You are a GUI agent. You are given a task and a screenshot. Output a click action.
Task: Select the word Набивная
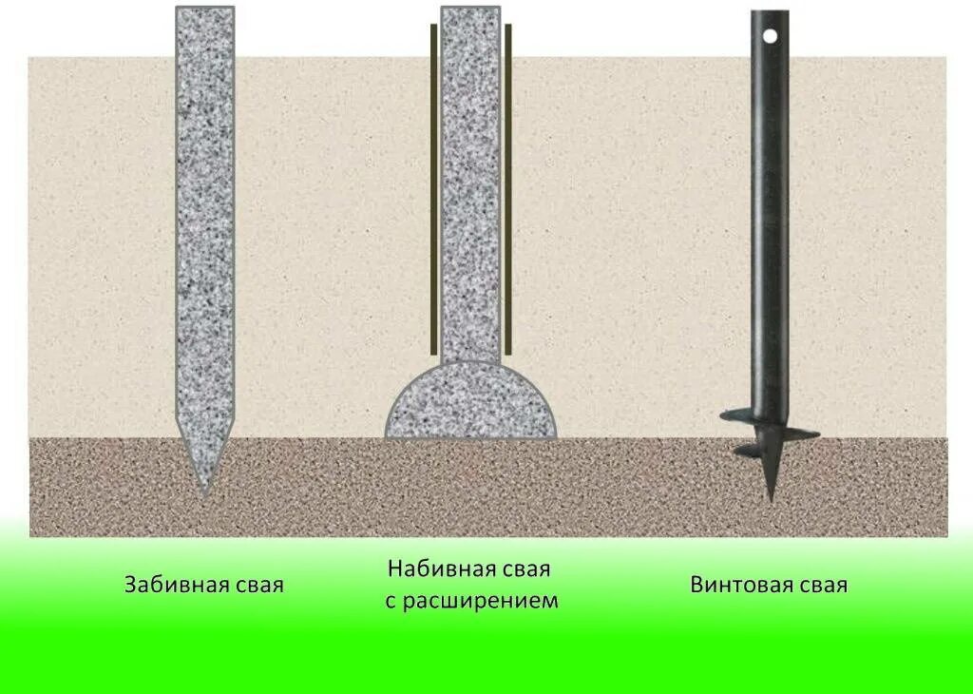click(435, 569)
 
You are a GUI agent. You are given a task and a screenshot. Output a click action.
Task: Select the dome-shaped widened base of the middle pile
click(470, 404)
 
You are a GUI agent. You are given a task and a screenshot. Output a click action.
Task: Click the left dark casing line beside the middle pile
click(434, 190)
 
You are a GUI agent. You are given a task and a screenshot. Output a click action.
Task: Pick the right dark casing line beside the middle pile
click(508, 190)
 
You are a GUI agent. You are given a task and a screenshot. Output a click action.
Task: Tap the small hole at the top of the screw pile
click(771, 36)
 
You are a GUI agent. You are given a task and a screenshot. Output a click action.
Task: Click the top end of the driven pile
click(204, 11)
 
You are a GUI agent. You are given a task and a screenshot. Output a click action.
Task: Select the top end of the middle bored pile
click(470, 11)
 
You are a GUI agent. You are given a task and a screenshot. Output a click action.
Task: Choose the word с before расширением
click(391, 602)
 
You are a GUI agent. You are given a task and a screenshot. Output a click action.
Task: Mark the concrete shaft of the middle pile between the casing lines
click(470, 190)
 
